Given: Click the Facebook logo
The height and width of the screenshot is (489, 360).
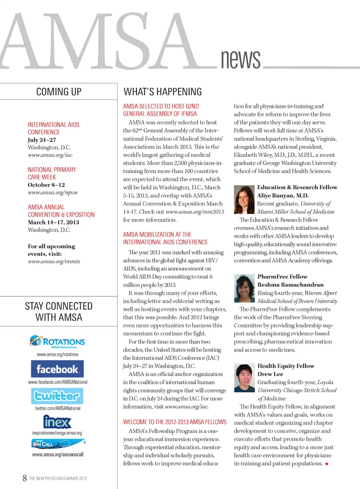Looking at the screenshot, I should click(57, 369).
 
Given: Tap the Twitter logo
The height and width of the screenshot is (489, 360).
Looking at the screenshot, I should click(57, 396).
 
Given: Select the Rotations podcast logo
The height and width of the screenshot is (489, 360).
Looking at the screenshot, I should click(57, 341).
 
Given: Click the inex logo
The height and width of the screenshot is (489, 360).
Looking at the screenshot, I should click(57, 422).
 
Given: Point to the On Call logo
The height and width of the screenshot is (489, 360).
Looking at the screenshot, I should click(58, 444).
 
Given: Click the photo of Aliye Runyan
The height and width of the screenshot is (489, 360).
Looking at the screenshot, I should click(244, 200).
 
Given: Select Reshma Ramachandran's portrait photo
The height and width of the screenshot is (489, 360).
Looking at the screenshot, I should click(244, 288).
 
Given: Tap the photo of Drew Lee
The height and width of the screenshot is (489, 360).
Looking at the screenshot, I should click(244, 378).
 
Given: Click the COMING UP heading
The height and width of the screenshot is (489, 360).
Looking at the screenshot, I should click(59, 92).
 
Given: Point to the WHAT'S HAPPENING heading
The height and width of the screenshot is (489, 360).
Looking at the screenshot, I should click(163, 92).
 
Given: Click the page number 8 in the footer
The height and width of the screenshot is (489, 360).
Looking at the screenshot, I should click(25, 478).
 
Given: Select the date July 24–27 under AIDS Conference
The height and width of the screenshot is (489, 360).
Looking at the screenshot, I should click(42, 140).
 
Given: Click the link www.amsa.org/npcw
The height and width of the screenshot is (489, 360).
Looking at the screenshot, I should click(53, 193).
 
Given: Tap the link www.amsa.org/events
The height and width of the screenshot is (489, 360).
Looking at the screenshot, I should click(54, 262).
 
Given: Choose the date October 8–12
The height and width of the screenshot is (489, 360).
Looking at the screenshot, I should click(46, 185).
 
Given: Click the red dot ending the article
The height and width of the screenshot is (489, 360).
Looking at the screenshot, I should click(327, 464).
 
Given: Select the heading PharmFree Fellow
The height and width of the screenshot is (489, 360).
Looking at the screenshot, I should click(282, 277).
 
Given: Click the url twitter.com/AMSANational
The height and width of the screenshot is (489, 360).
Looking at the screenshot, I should click(58, 408).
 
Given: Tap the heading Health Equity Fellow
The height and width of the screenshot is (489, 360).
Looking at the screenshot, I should click(286, 366).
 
